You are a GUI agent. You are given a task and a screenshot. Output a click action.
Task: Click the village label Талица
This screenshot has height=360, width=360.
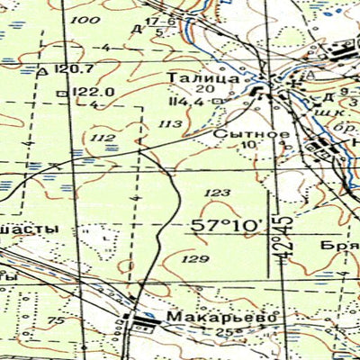[x=202, y=78]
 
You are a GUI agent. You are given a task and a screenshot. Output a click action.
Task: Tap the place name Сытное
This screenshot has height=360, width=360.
[x=238, y=133]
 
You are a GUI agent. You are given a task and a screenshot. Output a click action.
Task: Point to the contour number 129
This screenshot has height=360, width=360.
[x=193, y=258]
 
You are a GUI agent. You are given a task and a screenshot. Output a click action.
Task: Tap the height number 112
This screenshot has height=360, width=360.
[x=103, y=137]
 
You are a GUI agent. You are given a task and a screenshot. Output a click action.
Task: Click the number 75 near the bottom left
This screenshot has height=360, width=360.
[x=56, y=321]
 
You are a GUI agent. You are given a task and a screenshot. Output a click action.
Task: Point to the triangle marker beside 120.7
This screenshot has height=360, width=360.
[x=42, y=70]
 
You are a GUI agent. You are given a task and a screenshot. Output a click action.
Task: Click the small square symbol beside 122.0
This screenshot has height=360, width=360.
[x=60, y=92]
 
